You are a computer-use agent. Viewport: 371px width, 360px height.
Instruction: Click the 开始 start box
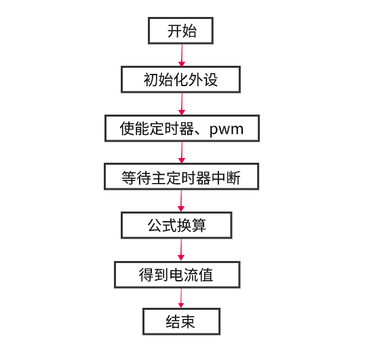pyautogui.click(x=181, y=31)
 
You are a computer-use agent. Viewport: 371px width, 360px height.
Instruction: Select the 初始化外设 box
pyautogui.click(x=181, y=79)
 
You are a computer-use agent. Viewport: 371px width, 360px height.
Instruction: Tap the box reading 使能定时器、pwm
pyautogui.click(x=182, y=128)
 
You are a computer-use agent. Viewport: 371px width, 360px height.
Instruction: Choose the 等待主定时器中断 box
pyautogui.click(x=182, y=176)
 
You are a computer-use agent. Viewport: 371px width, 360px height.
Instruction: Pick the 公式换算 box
pyautogui.click(x=176, y=225)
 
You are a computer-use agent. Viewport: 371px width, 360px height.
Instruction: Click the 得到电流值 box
pyautogui.click(x=177, y=275)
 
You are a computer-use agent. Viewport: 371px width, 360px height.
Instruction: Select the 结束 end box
pyautogui.click(x=182, y=321)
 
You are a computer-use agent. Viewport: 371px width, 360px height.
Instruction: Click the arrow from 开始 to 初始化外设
pyautogui.click(x=182, y=56)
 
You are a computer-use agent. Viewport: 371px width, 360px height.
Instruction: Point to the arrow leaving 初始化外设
pyautogui.click(x=182, y=104)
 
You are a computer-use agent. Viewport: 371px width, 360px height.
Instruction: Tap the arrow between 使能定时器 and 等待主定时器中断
pyautogui.click(x=182, y=153)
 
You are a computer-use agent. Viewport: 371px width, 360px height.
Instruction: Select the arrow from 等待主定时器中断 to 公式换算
pyautogui.click(x=181, y=201)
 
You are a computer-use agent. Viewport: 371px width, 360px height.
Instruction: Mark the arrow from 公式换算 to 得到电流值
pyautogui.click(x=181, y=250)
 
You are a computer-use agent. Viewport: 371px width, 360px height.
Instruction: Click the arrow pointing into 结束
pyautogui.click(x=181, y=298)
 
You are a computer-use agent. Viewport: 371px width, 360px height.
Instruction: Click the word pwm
pyautogui.click(x=227, y=129)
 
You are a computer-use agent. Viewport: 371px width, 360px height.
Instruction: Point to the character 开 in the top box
pyautogui.click(x=174, y=31)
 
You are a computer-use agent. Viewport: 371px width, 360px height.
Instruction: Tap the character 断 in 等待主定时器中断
pyautogui.click(x=233, y=178)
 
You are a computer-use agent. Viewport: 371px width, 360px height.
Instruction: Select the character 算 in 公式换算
pyautogui.click(x=199, y=226)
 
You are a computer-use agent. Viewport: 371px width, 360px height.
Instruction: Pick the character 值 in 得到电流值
pyautogui.click(x=206, y=275)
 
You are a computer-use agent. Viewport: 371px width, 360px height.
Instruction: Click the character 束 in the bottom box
pyautogui.click(x=188, y=322)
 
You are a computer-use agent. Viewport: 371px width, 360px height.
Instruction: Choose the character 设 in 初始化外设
pyautogui.click(x=210, y=80)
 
